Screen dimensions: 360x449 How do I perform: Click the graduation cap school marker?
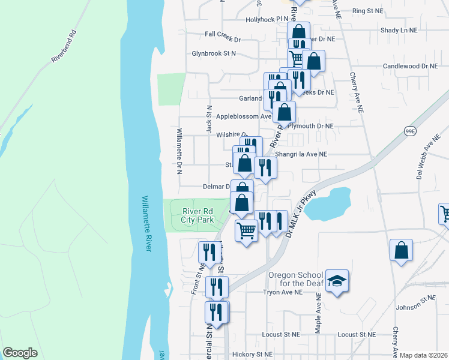click(x=337, y=282)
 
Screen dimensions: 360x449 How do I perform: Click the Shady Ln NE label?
click(x=400, y=29)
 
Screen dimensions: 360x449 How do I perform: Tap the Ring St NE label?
click(x=367, y=11)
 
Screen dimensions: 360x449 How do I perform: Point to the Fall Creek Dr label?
click(x=222, y=40)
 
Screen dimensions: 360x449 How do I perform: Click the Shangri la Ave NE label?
click(x=301, y=154)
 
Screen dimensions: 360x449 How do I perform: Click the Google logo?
click(x=20, y=353)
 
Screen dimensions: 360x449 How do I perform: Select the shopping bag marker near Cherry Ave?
click(x=401, y=251)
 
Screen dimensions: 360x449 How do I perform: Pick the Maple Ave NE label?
click(x=318, y=317)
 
